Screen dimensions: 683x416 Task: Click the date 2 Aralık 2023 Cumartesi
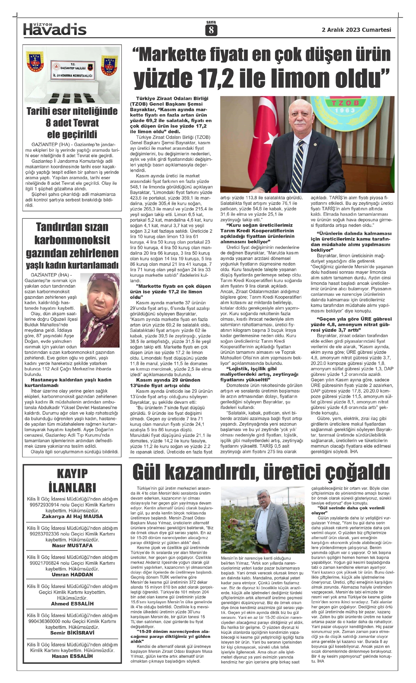356,30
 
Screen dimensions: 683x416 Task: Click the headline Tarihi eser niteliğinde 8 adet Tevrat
72,123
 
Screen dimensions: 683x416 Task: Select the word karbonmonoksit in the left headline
72,240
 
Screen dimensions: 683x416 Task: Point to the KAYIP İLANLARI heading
72,480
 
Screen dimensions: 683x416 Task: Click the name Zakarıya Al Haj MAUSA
72,516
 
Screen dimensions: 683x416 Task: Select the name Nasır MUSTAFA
72,545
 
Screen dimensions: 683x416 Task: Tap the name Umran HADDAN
72,574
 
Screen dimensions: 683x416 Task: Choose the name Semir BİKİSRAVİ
72,633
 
